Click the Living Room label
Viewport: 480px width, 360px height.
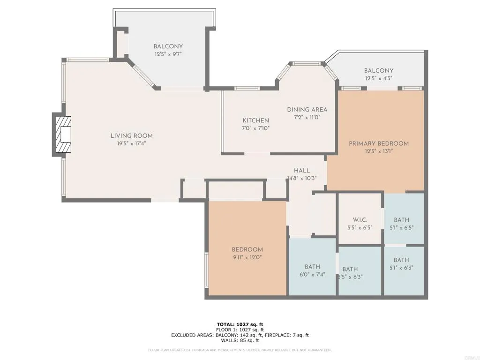click(131, 135)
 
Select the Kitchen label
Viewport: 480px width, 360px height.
click(255, 120)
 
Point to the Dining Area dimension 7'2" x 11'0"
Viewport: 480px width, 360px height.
click(307, 117)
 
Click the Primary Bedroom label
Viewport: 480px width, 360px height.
click(379, 143)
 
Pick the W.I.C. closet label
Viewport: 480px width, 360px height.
click(360, 220)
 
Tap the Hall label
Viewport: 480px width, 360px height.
click(302, 171)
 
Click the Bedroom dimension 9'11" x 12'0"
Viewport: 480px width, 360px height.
click(247, 257)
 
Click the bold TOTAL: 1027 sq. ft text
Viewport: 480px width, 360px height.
click(240, 324)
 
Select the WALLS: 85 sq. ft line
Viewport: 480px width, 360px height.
click(240, 340)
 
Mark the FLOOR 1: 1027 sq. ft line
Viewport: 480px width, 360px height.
click(240, 330)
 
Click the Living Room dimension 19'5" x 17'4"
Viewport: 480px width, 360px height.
click(131, 143)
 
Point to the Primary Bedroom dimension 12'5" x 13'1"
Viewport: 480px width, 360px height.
click(379, 151)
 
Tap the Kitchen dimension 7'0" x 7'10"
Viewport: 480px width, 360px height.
click(255, 128)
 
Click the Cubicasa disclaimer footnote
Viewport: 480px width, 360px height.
click(240, 350)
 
